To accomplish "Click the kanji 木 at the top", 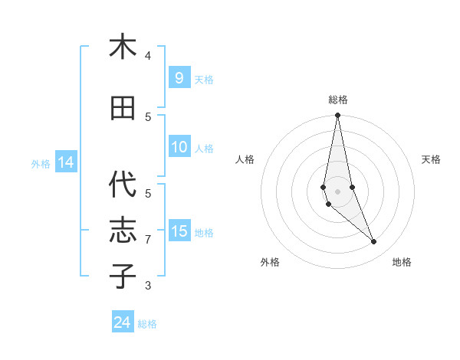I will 123,47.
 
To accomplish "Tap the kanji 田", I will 123,108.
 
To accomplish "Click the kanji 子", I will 123,276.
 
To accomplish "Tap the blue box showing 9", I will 179,77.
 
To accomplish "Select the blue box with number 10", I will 179,147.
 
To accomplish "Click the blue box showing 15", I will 179,231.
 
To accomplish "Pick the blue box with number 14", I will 65,162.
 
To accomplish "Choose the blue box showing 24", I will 123,322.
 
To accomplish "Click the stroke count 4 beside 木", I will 148,56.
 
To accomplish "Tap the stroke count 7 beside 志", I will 148,240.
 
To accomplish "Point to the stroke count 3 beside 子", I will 148,286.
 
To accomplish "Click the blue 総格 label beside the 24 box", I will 147,324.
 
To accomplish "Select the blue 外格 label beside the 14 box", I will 41,164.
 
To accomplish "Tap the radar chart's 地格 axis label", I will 402,262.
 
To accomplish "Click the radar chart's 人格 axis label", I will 245,159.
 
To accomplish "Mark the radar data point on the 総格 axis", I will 337,116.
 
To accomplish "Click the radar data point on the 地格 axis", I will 373,242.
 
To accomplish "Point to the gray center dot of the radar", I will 337,191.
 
